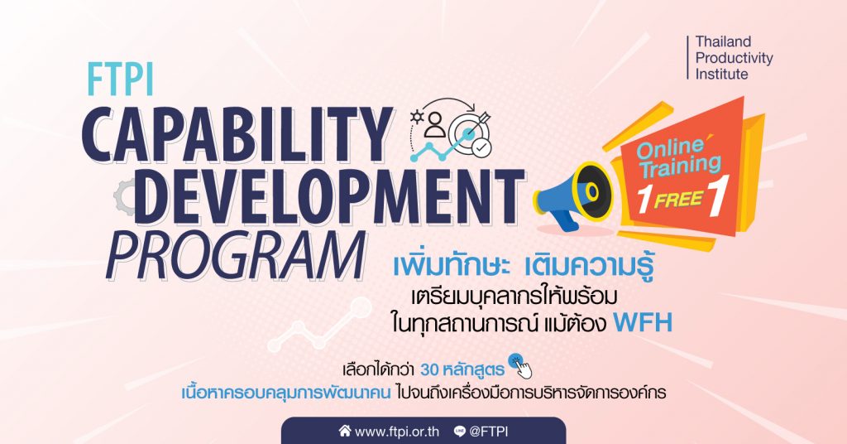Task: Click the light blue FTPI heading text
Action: click(120, 80)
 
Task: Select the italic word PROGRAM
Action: click(235, 254)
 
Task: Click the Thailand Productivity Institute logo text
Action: click(734, 58)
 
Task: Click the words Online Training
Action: click(678, 158)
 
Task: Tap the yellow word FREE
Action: click(678, 200)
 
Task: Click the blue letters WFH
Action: click(643, 323)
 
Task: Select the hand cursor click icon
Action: click(519, 365)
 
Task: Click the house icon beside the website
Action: click(345, 431)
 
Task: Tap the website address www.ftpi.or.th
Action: click(397, 432)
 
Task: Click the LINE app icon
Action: click(460, 431)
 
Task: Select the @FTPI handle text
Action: click(488, 432)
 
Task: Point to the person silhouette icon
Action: click(435, 124)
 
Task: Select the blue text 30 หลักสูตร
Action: click(462, 370)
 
